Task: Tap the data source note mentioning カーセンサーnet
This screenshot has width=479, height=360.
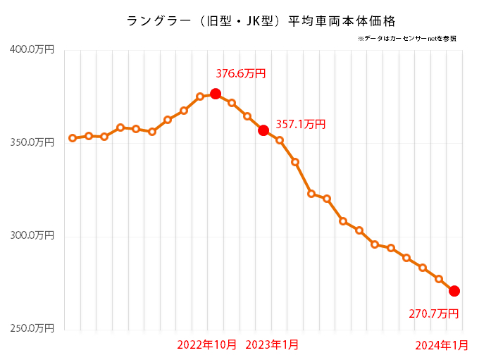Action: pos(407,38)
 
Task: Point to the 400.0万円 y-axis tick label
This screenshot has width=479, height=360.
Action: pos(32,49)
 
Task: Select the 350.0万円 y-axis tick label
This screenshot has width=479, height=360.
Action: pos(32,142)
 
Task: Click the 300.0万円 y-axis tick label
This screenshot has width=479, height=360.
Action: pos(32,236)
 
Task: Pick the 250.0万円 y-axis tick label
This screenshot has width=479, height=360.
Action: pos(32,329)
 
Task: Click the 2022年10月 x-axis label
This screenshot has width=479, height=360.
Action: pos(207,345)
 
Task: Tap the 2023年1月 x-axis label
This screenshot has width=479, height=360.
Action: pos(272,345)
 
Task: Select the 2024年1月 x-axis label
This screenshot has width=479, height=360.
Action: pos(441,345)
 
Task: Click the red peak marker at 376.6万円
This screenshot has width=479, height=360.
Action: pos(216,94)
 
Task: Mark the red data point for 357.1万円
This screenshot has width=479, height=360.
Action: pos(263,130)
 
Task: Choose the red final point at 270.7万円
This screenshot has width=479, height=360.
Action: pos(454,291)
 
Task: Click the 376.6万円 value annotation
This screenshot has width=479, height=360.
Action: pos(241,73)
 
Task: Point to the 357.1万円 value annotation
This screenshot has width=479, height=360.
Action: pos(301,125)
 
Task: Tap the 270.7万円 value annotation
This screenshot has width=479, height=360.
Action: pos(434,314)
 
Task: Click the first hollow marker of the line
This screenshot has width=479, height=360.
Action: pos(73,138)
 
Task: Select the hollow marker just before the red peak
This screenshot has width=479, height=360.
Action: pos(200,97)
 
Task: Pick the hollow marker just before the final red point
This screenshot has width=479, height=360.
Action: pos(438,279)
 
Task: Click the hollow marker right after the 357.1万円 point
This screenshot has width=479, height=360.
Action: pos(280,140)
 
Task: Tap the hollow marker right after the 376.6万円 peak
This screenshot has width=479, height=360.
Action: pos(232,103)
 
